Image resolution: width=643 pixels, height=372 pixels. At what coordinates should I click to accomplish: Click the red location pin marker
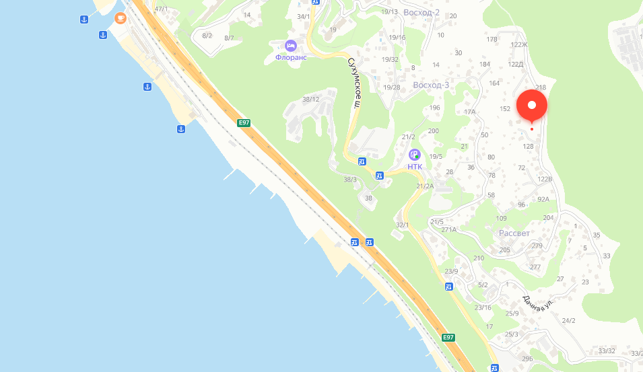(x=532, y=106)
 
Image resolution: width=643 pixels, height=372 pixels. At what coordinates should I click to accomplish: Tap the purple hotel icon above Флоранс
(x=291, y=46)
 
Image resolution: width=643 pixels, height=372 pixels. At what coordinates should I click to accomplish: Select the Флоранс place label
(x=291, y=57)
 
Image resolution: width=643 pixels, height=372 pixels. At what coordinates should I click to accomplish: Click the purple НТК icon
(x=415, y=155)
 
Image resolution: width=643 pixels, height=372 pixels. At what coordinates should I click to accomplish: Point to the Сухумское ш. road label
(x=353, y=83)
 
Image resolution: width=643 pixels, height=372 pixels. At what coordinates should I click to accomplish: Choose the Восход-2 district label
(x=421, y=13)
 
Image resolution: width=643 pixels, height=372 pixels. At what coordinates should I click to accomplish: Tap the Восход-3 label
(x=431, y=85)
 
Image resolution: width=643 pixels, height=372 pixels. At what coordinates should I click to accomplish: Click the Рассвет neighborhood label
(x=514, y=233)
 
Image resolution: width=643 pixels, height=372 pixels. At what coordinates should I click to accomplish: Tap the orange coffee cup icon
(x=121, y=17)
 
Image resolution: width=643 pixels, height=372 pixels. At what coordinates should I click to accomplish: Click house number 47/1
(x=162, y=9)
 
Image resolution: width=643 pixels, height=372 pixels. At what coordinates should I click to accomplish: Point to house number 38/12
(x=310, y=100)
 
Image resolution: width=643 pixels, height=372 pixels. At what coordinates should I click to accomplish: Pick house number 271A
(x=449, y=229)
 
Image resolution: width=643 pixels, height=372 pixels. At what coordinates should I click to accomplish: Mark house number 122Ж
(x=519, y=45)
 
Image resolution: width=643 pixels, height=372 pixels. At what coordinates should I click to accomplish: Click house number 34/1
(x=304, y=17)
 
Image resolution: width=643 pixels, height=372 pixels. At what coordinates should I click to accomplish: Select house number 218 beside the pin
(x=541, y=87)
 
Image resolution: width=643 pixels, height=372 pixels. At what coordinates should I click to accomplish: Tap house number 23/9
(x=451, y=272)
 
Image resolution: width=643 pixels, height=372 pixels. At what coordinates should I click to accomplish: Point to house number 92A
(x=543, y=199)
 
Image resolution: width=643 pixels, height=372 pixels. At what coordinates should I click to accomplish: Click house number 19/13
(x=389, y=12)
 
